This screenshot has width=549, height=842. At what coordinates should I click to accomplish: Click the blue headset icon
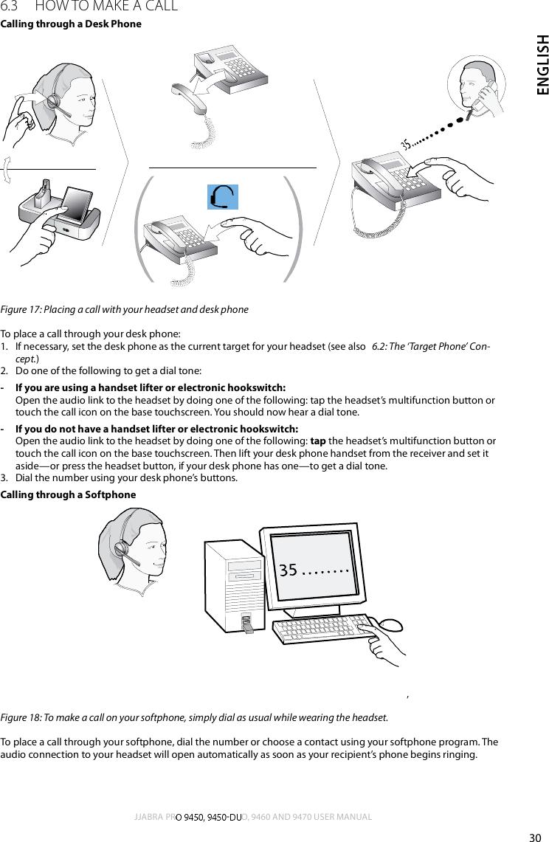coord(222,196)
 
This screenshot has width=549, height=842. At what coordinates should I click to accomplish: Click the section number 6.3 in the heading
coord(13,7)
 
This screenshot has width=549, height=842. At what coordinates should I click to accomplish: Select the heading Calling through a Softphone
coord(68,494)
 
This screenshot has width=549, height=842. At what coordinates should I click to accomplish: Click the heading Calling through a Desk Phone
coord(71,24)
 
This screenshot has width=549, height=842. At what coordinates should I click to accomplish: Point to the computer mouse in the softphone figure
coord(390,624)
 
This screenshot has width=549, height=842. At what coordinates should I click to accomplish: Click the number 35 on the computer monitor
coord(288,570)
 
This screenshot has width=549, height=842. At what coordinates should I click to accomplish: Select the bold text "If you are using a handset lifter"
coord(85,388)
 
